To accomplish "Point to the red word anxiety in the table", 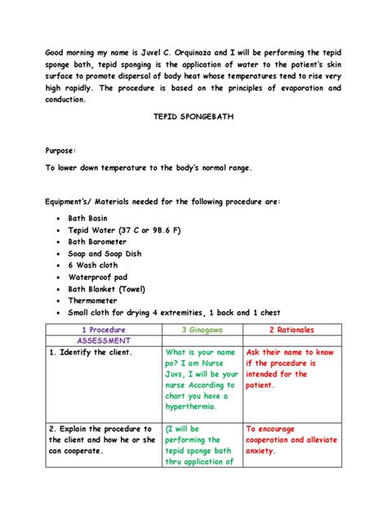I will point(265,450).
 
